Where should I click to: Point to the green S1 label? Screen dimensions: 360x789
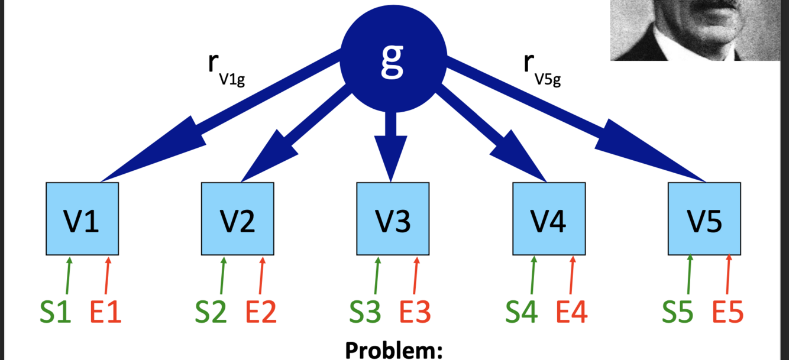pos(56,312)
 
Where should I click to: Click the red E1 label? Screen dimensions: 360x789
pos(106,312)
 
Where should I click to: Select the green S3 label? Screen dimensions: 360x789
pos(365,312)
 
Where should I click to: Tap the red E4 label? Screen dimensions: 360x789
pos(572,312)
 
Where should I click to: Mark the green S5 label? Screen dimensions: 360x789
pos(677,312)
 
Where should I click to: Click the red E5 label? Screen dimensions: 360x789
pos(727,312)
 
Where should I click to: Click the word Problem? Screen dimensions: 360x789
pos(394,350)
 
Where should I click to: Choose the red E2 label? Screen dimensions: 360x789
pos(261,312)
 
